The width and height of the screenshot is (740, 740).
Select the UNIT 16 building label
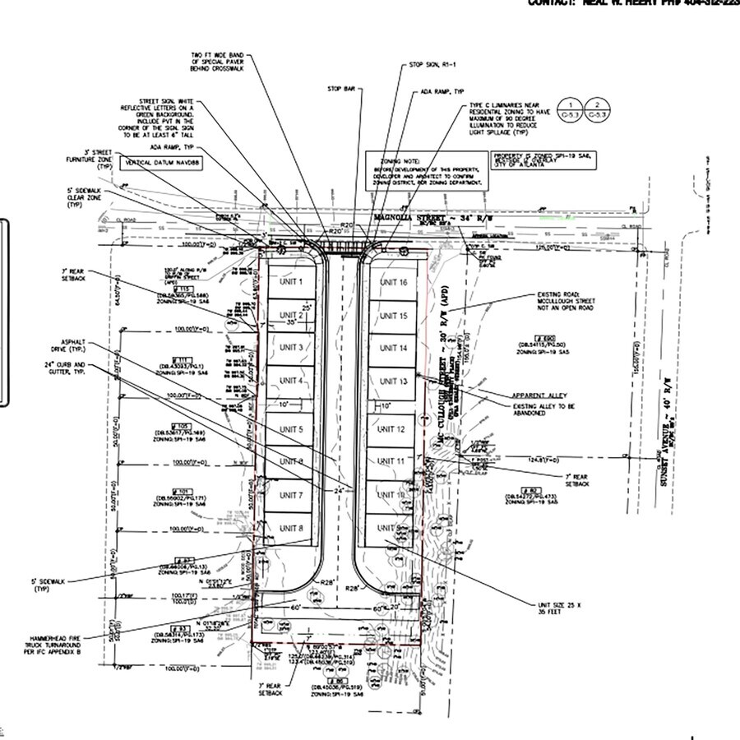[392, 282]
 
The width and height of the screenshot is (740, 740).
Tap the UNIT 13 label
[392, 382]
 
